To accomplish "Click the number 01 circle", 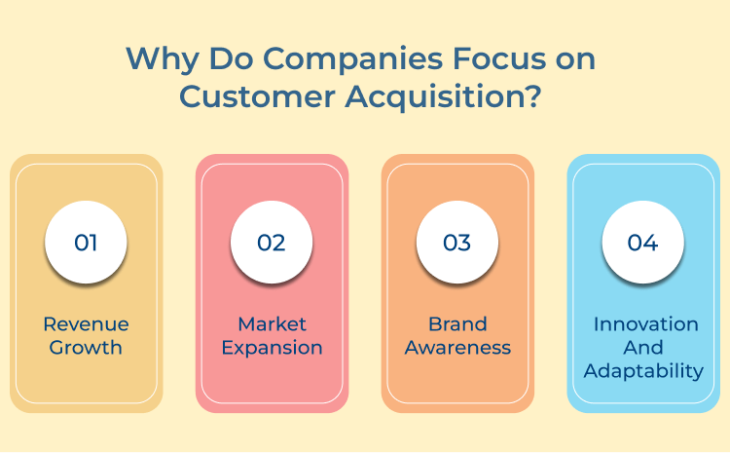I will pos(86,243).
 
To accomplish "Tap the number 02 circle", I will pos(272,243).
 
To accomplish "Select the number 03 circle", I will pos(457,243).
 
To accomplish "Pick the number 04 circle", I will pos(643,243).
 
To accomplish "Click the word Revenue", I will pos(86,324).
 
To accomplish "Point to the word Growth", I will pos(86,348).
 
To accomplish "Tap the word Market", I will pos(272,324).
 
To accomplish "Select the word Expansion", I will pos(272,348).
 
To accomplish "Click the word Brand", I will pos(457,324).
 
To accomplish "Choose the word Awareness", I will pos(457,348).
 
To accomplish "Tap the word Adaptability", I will pos(643,371).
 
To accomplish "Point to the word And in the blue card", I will pos(643,348).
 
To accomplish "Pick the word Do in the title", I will pos(224,58).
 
